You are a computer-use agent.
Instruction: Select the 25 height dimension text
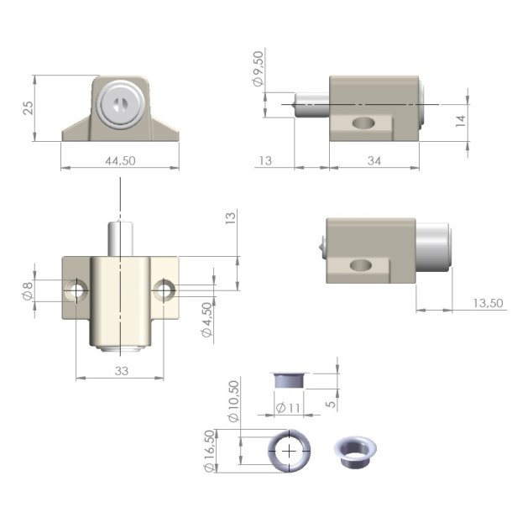27,108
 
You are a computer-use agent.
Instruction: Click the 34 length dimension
374,161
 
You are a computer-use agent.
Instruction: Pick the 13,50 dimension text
488,302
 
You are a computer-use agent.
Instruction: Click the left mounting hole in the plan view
78,290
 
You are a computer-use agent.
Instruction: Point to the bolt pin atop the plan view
121,238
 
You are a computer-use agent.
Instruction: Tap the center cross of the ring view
289,450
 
